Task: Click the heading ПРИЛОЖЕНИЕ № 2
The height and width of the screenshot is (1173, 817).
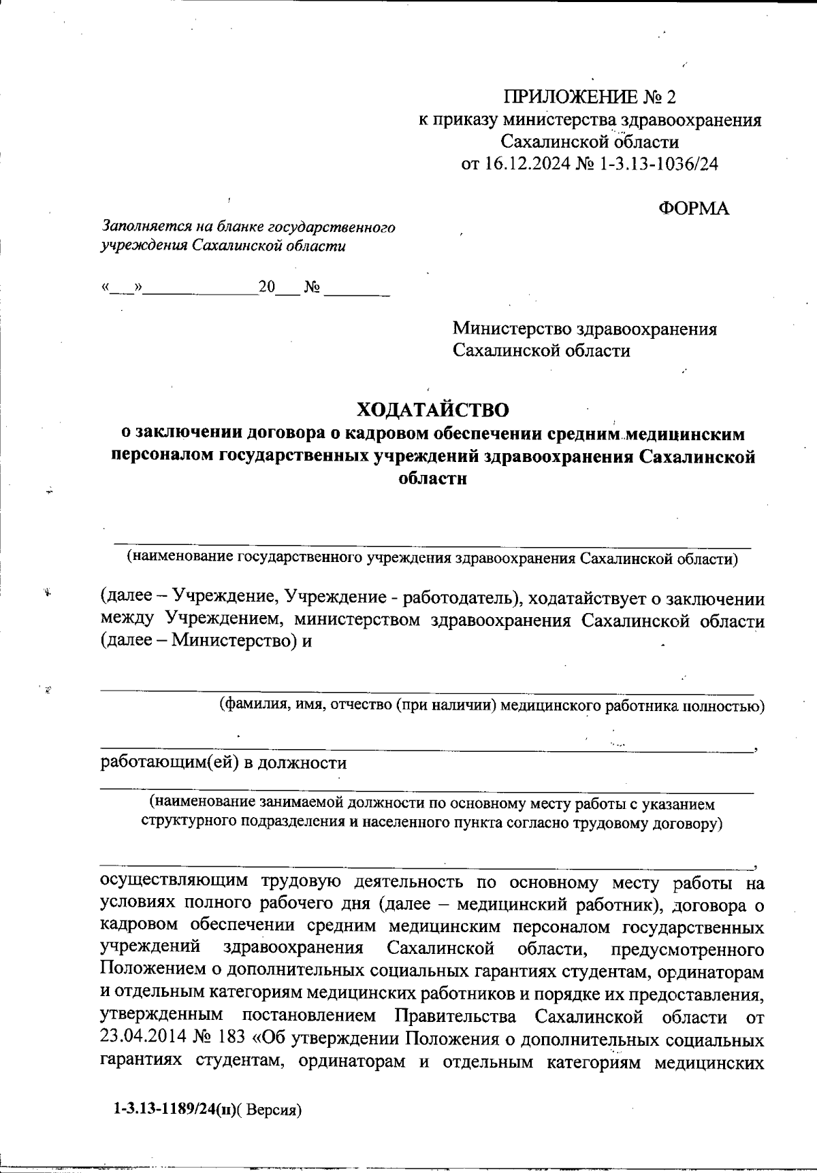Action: coord(590,97)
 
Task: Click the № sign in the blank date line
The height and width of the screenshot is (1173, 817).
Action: coord(313,288)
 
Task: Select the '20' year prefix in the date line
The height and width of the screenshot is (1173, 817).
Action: coord(266,288)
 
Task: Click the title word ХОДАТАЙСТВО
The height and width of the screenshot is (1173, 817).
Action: coord(433,410)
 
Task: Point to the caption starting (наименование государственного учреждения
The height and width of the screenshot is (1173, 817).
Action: coord(432,559)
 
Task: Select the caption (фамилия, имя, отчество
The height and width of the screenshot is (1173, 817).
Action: coord(490,706)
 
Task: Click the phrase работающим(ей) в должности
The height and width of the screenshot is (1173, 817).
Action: coord(223,763)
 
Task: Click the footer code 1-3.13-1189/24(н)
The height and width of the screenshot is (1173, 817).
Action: coord(170,1110)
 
